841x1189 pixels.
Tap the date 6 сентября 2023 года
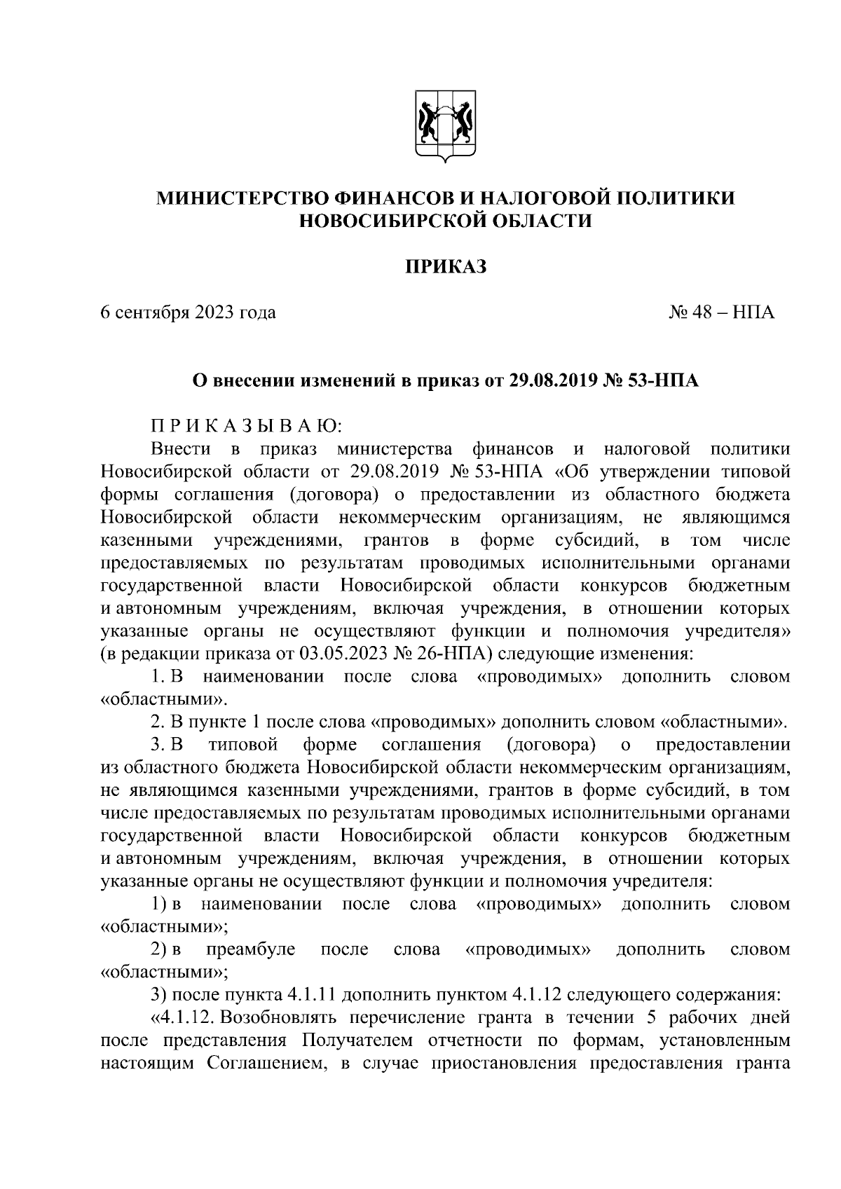[x=188, y=312]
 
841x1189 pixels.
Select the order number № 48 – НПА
[x=722, y=312]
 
